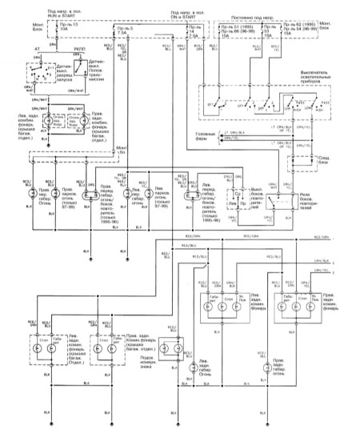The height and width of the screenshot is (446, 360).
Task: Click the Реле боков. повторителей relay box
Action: coord(274,199)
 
